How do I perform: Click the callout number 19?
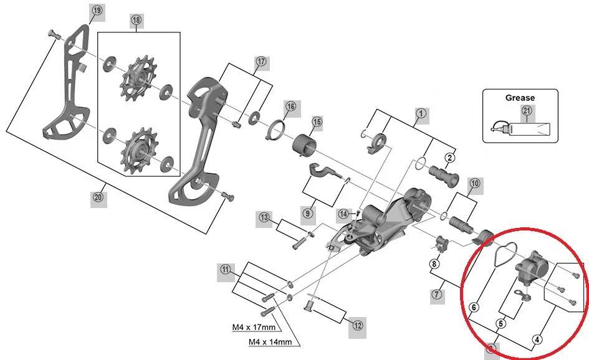(x=97, y=11)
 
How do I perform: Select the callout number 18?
(x=136, y=21)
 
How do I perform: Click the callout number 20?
(x=97, y=198)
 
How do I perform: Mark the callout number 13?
(x=265, y=217)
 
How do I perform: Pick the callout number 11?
(x=224, y=270)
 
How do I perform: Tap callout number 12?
(x=357, y=324)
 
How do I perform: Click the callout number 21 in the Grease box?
(x=527, y=111)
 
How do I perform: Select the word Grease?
(x=520, y=98)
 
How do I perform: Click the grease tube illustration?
(x=524, y=130)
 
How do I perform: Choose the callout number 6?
(x=474, y=307)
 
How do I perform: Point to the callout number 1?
(x=421, y=113)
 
